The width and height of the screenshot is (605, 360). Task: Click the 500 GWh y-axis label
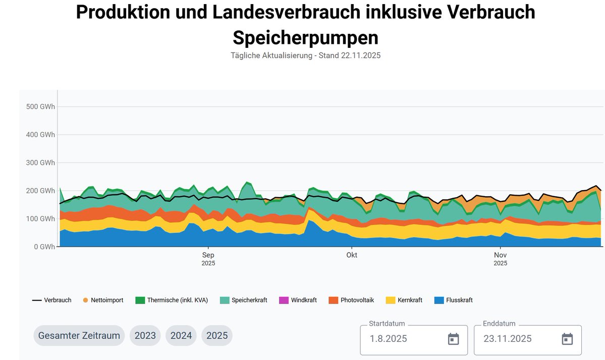coord(40,107)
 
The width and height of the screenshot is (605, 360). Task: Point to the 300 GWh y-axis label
coord(40,163)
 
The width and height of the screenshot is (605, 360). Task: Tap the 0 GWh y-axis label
coord(44,247)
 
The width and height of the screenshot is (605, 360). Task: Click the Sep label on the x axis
coord(208,255)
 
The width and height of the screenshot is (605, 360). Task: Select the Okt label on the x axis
coord(352,255)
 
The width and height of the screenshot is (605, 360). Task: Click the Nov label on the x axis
coord(500,255)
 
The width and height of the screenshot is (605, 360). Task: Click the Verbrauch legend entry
coord(52,300)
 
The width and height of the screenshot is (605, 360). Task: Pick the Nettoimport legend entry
coord(105,300)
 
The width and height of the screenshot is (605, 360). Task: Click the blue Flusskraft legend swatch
coord(438,300)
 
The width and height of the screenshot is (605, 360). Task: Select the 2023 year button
coord(145,335)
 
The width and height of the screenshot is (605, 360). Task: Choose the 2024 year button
coord(181,335)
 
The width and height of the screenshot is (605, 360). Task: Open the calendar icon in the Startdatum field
coord(453,339)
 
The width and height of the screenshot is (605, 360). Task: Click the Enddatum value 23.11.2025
coord(508,339)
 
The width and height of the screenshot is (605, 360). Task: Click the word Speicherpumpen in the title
coord(305,37)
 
